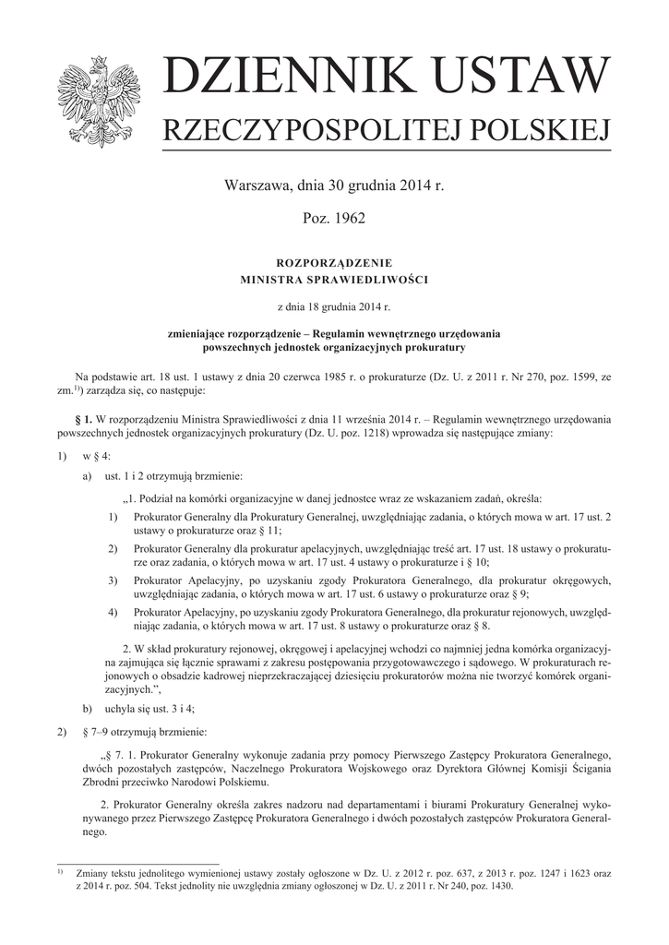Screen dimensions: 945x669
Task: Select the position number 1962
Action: [x=350, y=220]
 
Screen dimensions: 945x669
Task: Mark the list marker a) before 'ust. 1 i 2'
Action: [x=88, y=477]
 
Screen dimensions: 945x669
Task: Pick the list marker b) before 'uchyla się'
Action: [x=88, y=709]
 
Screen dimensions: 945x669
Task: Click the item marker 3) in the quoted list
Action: [x=113, y=580]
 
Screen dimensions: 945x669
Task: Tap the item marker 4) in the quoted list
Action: [x=113, y=612]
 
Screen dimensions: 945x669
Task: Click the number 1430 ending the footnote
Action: [x=496, y=886]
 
